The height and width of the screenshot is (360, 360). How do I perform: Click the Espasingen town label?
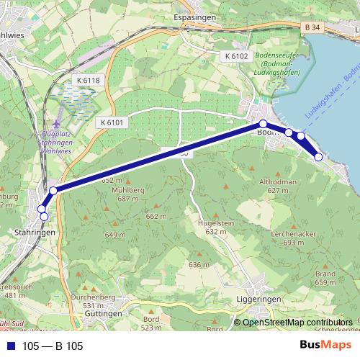pos(195,17)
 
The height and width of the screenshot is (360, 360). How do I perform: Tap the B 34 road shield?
pos(310,27)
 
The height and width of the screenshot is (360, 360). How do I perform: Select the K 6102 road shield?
pos(235,56)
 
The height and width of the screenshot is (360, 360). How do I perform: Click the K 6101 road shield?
pos(113,122)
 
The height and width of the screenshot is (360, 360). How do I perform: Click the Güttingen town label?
pos(102,314)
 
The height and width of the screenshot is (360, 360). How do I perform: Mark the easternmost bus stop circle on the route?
pos(318,157)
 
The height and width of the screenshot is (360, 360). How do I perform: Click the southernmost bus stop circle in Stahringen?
pos(44,216)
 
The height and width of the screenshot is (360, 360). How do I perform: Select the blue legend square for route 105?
pos(11,346)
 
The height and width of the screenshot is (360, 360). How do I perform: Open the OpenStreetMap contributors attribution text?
pos(297,323)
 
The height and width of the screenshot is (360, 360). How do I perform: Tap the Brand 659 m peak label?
pos(325,278)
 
